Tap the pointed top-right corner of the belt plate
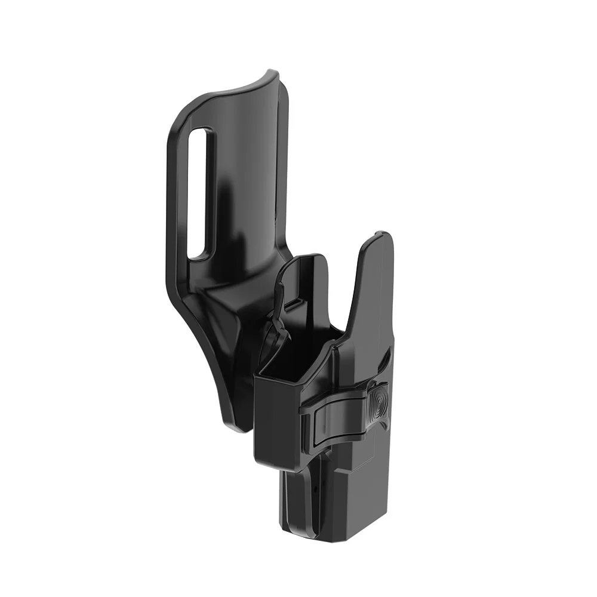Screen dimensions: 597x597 274,73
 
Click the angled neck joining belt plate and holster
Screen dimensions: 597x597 239,298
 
